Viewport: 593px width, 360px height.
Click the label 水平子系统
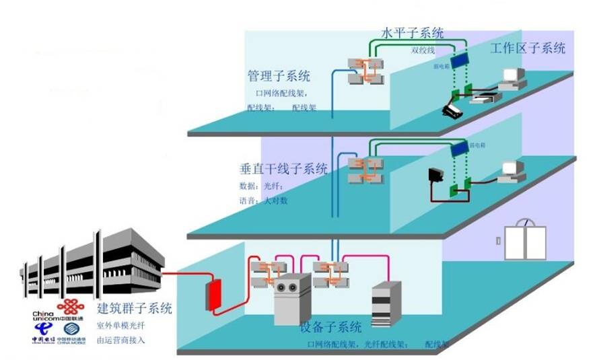(413, 32)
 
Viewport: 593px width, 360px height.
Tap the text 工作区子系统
(528, 48)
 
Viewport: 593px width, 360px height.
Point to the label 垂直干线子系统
(283, 169)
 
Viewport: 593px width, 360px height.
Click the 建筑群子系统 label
(135, 309)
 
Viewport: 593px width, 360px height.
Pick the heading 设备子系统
(330, 328)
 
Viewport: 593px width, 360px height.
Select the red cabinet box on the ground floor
(215, 295)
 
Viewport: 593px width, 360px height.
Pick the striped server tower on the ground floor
(386, 303)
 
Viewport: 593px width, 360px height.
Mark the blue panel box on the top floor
(460, 60)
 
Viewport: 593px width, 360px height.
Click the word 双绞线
(423, 50)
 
